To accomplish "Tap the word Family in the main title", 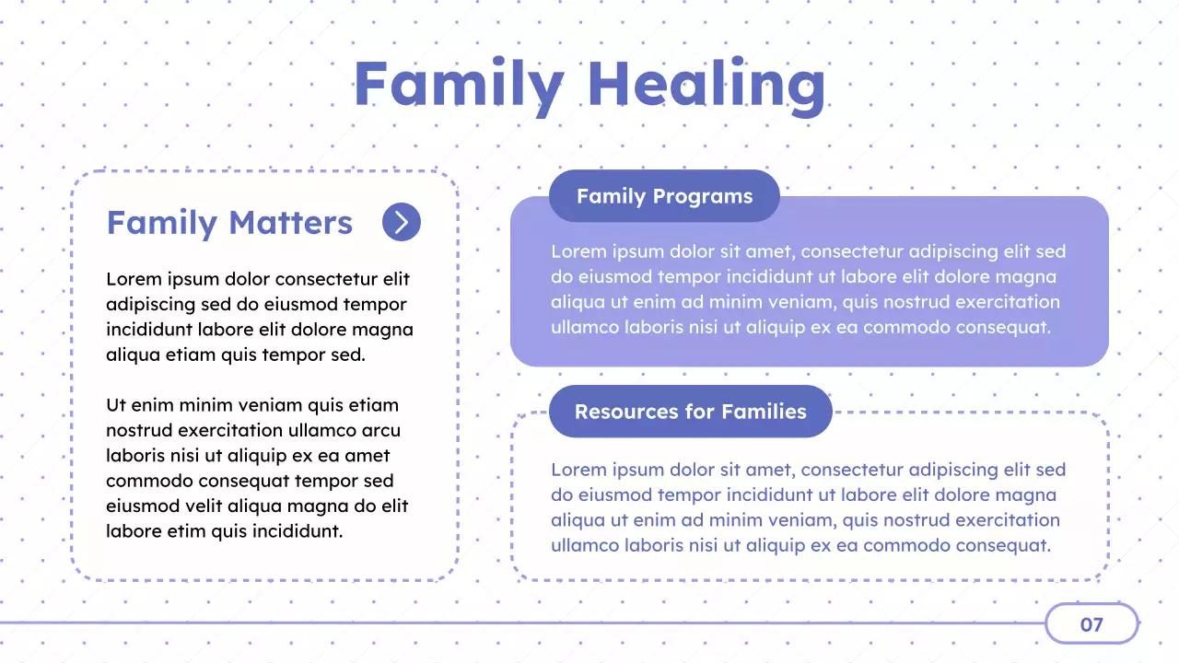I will click(458, 85).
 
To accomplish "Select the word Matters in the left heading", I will click(290, 223).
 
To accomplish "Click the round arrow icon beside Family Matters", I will click(402, 222).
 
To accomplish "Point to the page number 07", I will click(1091, 624).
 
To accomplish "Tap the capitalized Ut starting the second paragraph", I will click(115, 405).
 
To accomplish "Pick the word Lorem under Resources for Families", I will click(578, 471).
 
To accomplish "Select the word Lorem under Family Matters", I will click(134, 279).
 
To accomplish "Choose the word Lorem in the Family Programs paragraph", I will click(578, 251).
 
